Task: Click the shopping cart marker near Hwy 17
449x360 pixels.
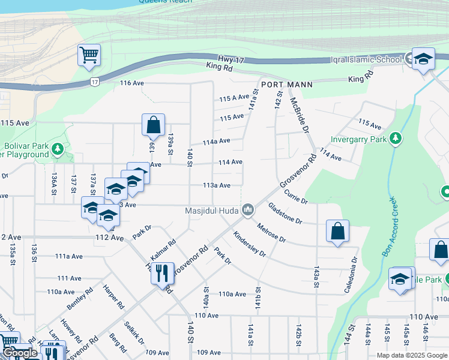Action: [x=89, y=56]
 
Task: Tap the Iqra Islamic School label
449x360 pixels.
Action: [x=366, y=59]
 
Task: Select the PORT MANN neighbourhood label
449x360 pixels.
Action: [x=286, y=85]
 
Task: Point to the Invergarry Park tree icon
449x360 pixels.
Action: [x=395, y=139]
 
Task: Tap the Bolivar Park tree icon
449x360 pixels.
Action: [x=58, y=148]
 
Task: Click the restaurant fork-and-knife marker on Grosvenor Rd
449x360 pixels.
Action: [x=163, y=274]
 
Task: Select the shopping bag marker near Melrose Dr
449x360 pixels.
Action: [x=337, y=231]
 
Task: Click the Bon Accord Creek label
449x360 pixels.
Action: [x=388, y=226]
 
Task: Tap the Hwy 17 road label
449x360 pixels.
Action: [x=232, y=59]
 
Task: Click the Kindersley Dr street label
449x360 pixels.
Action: [x=249, y=244]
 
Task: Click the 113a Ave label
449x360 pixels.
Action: [x=217, y=185]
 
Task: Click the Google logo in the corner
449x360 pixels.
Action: [x=20, y=353]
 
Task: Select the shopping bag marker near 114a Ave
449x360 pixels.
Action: [x=153, y=125]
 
